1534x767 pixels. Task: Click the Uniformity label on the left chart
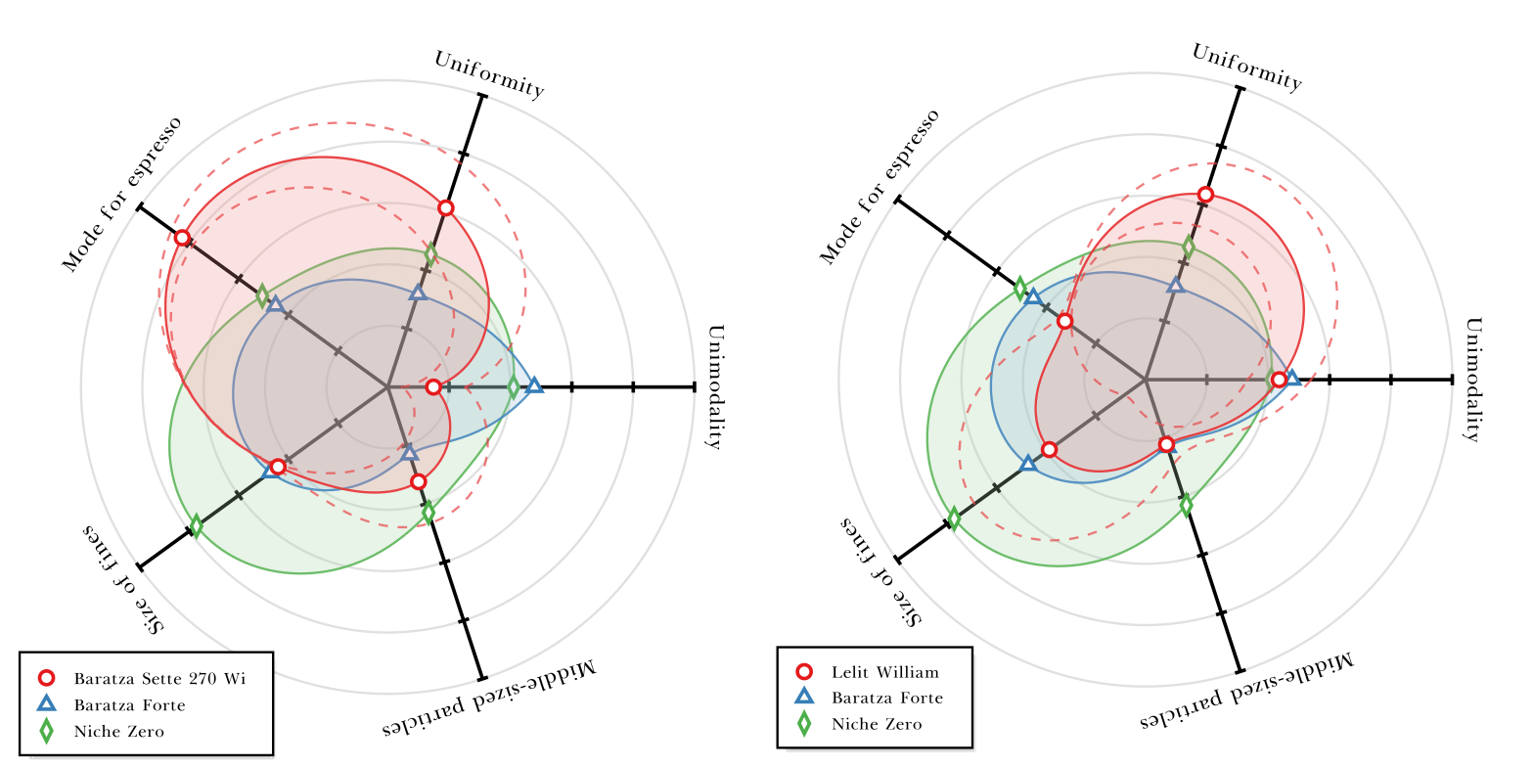coord(488,73)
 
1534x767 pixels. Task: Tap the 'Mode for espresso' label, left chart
coord(121,194)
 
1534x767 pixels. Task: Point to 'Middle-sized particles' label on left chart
coord(487,700)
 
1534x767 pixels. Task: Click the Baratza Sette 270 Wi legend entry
coord(158,678)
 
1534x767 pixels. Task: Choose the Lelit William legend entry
coord(884,672)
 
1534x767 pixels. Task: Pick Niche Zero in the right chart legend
coord(876,724)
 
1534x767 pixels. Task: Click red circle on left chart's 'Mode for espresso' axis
coord(182,238)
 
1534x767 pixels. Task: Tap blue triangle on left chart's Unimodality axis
coord(534,386)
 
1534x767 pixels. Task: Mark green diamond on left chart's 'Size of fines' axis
coord(196,526)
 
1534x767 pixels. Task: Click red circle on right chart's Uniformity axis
coord(1205,195)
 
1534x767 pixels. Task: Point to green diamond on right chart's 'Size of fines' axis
coord(954,519)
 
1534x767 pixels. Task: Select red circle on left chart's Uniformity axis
coord(446,207)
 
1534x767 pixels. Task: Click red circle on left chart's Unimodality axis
coord(433,387)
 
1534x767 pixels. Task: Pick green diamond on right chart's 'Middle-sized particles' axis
coord(1187,505)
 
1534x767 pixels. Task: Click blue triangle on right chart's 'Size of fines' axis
coord(1028,463)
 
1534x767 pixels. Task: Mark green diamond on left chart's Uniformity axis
coord(430,255)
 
